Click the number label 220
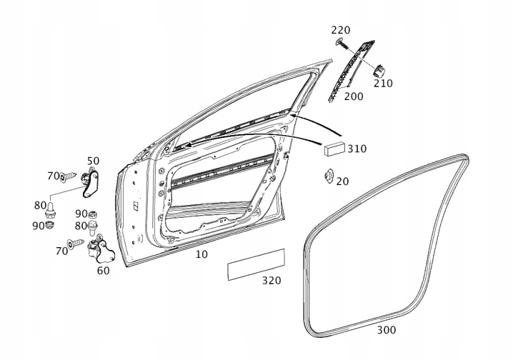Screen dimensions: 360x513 (341, 30)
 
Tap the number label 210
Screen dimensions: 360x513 (383, 83)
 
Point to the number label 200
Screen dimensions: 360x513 (353, 96)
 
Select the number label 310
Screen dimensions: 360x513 (357, 149)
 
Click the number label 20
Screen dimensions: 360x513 (342, 181)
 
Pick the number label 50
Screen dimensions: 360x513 (94, 161)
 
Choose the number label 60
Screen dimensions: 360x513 (103, 271)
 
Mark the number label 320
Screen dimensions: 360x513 (271, 281)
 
